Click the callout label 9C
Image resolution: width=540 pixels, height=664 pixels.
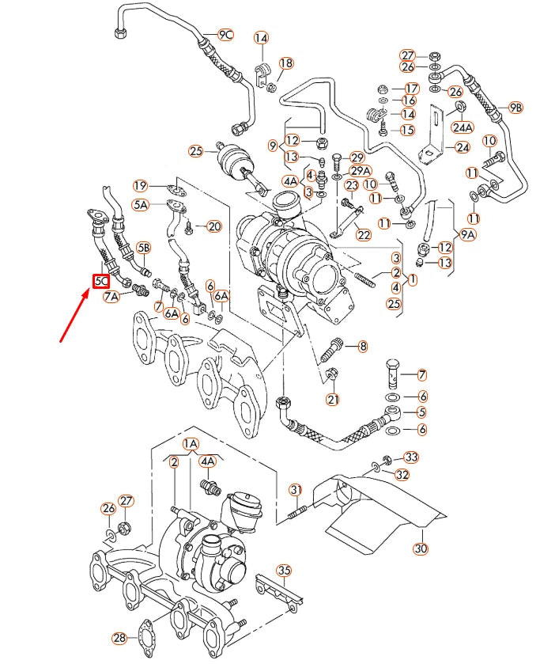[x=226, y=34]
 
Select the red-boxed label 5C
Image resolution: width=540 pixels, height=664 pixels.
[x=101, y=280]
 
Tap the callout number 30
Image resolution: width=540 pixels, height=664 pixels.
[x=419, y=548]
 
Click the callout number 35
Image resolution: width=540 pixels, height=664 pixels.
[x=284, y=570]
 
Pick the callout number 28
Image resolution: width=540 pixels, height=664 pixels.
[x=119, y=638]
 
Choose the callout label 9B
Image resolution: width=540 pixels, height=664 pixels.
[x=515, y=107]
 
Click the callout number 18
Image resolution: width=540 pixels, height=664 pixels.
[x=285, y=63]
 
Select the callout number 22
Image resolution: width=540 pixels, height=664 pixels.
[x=363, y=234]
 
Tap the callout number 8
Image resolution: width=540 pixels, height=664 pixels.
[x=363, y=346]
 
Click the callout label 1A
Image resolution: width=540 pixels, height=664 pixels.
[x=191, y=445]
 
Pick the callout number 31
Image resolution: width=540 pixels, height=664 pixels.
[x=296, y=488]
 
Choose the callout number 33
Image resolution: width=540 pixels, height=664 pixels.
[x=411, y=457]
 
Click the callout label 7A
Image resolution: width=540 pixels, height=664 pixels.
[x=112, y=296]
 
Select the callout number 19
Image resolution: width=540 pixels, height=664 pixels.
[x=140, y=186]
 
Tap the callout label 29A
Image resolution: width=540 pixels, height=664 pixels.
[x=361, y=170]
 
